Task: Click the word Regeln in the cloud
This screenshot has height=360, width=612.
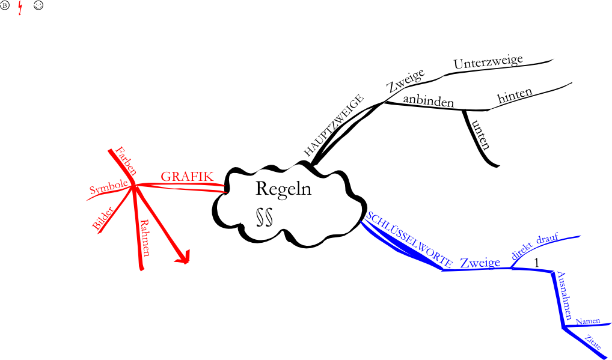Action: click(x=283, y=189)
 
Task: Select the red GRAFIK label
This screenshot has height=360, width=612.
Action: click(x=187, y=177)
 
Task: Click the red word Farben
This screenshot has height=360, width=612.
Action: click(x=126, y=160)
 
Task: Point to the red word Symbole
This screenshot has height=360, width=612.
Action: click(x=108, y=188)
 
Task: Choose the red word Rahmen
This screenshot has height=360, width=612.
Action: click(x=145, y=239)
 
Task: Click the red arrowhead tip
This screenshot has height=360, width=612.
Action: click(x=186, y=261)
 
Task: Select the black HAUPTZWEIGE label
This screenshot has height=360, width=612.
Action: click(x=334, y=125)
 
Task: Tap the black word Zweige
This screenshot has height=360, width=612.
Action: click(x=405, y=81)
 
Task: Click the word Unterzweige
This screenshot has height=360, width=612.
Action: click(x=488, y=62)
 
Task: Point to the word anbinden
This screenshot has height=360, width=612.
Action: click(x=428, y=101)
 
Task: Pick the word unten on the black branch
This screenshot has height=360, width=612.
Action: click(x=481, y=134)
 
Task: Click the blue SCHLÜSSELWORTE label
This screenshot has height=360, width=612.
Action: click(x=409, y=239)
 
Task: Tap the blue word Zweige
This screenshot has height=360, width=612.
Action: click(x=480, y=263)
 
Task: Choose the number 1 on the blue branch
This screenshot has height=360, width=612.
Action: click(x=537, y=263)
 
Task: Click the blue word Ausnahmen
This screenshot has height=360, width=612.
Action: click(x=565, y=295)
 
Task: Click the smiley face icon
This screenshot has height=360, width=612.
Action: click(x=38, y=7)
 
